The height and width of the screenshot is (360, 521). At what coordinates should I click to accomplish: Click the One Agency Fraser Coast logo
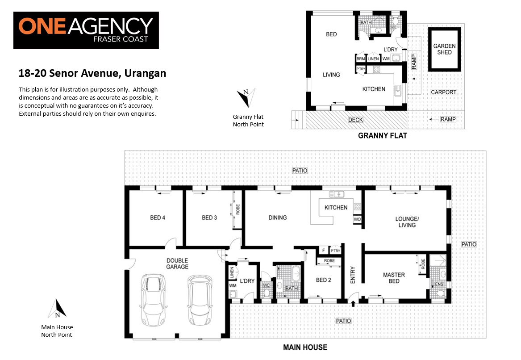(86, 30)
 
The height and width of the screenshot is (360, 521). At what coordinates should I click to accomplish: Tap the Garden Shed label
(444, 49)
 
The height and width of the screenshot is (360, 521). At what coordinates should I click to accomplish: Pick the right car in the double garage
(200, 300)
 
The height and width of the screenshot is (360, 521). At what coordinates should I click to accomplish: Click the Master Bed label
(394, 278)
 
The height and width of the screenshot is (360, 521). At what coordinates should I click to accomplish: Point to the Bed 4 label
(158, 218)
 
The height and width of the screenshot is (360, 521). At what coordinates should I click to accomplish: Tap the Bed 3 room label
(209, 218)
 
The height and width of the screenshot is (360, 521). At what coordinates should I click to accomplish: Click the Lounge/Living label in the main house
(407, 222)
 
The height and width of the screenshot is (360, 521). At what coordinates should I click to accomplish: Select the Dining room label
(277, 218)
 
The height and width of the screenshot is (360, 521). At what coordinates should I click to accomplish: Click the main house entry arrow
(353, 303)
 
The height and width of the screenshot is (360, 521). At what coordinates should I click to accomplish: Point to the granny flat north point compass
(246, 97)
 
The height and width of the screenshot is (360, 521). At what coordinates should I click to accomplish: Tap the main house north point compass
(57, 309)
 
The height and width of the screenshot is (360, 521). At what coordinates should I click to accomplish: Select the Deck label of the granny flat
(355, 120)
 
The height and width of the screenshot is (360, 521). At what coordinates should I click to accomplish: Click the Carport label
(444, 92)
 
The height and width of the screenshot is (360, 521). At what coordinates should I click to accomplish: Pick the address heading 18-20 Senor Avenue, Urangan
(92, 73)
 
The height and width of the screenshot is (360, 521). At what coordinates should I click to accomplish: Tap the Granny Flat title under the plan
(383, 136)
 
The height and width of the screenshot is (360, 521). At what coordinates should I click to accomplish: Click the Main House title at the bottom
(305, 347)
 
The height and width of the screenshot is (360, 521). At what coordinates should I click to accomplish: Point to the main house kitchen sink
(337, 194)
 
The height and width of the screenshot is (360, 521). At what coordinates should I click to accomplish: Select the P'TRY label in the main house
(335, 251)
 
